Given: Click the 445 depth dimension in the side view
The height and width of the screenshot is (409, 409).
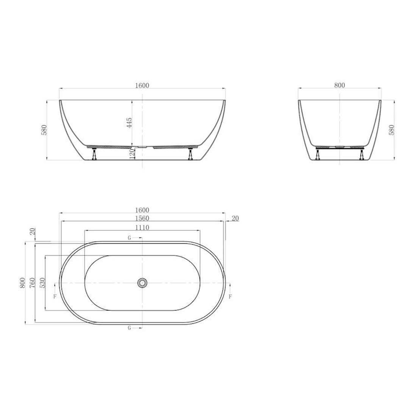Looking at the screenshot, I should point(129,123).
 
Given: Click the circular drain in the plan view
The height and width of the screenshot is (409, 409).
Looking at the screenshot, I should point(142,283).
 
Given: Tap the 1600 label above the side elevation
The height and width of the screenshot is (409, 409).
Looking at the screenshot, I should point(142,86).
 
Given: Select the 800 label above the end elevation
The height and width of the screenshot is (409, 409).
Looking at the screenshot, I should point(339,86).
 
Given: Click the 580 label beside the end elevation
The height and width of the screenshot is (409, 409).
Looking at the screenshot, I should point(392,130).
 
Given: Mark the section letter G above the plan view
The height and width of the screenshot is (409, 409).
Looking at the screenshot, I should point(130,238).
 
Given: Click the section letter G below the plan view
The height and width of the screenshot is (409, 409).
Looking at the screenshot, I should point(130,328).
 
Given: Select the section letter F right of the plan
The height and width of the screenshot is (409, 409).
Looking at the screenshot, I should point(230,296).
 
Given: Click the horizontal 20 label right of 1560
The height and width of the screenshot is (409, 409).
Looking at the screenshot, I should point(235,218).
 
